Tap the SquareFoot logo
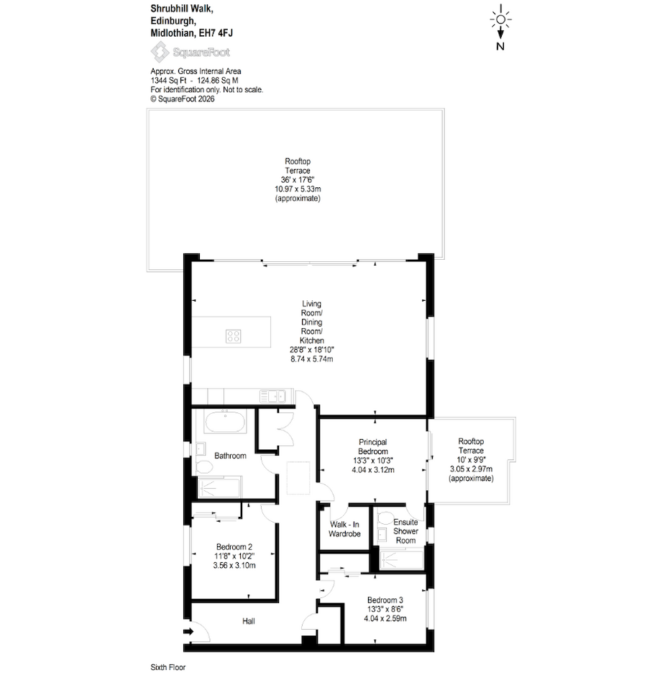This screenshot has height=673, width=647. (x=190, y=52)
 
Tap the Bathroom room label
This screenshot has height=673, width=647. (x=230, y=456)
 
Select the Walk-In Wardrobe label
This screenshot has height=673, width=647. (x=344, y=529)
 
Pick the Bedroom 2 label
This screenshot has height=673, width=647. (x=234, y=546)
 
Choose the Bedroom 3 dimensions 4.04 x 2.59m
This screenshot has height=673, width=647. (x=385, y=618)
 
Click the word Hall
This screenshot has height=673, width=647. (x=248, y=621)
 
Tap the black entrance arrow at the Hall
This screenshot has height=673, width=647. (x=188, y=632)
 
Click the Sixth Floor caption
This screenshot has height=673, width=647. (x=168, y=667)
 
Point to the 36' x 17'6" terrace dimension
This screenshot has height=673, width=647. (x=298, y=179)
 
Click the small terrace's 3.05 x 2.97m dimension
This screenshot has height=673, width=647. (x=471, y=469)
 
